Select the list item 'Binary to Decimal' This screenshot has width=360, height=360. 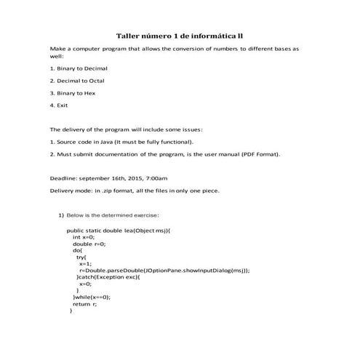coord(81,68)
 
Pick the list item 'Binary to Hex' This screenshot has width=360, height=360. coord(75,93)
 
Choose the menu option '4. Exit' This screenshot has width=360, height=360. coord(58,105)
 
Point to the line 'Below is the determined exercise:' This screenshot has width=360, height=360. coord(112,215)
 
